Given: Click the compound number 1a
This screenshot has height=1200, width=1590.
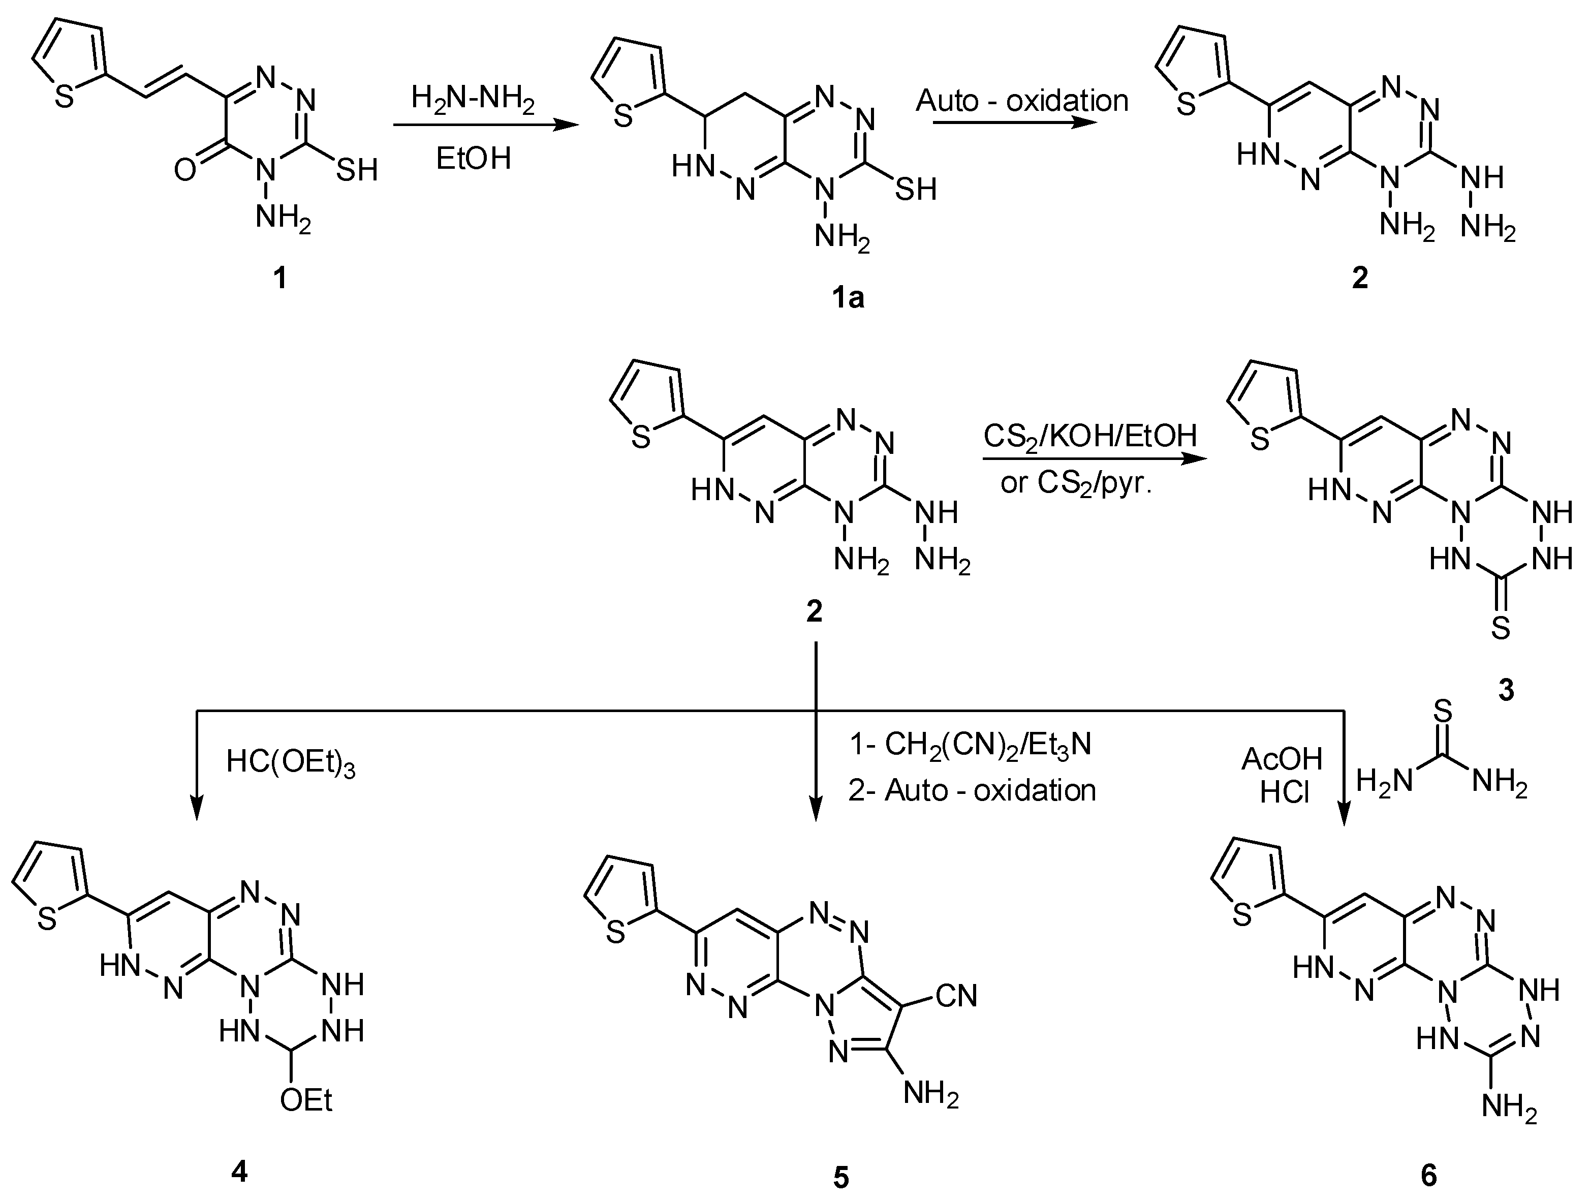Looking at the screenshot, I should tap(848, 297).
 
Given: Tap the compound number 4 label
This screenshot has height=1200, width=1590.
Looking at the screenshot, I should tap(239, 1171).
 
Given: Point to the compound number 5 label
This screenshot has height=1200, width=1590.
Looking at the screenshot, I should tap(840, 1178).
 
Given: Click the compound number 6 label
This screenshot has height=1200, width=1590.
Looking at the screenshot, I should tap(1429, 1175).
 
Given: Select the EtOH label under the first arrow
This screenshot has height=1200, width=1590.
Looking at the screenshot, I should tap(473, 158).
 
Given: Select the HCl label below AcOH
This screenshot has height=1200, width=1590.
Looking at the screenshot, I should tap(1285, 793).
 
